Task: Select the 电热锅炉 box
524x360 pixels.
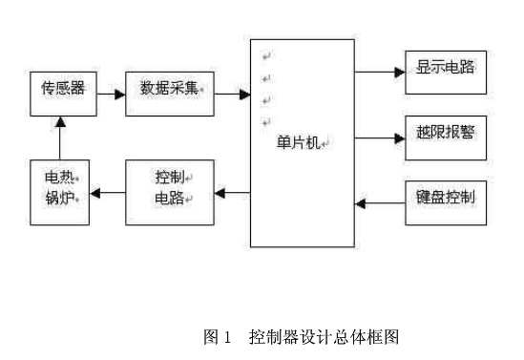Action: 60,192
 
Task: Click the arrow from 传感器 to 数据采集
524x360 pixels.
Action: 108,94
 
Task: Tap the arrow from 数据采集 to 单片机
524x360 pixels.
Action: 232,94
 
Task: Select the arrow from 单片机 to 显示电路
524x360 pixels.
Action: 380,71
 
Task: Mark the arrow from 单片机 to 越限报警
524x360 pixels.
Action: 380,138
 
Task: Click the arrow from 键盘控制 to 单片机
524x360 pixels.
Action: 380,202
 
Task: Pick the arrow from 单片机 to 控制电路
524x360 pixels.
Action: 232,194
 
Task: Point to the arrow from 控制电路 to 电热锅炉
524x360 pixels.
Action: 108,194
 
